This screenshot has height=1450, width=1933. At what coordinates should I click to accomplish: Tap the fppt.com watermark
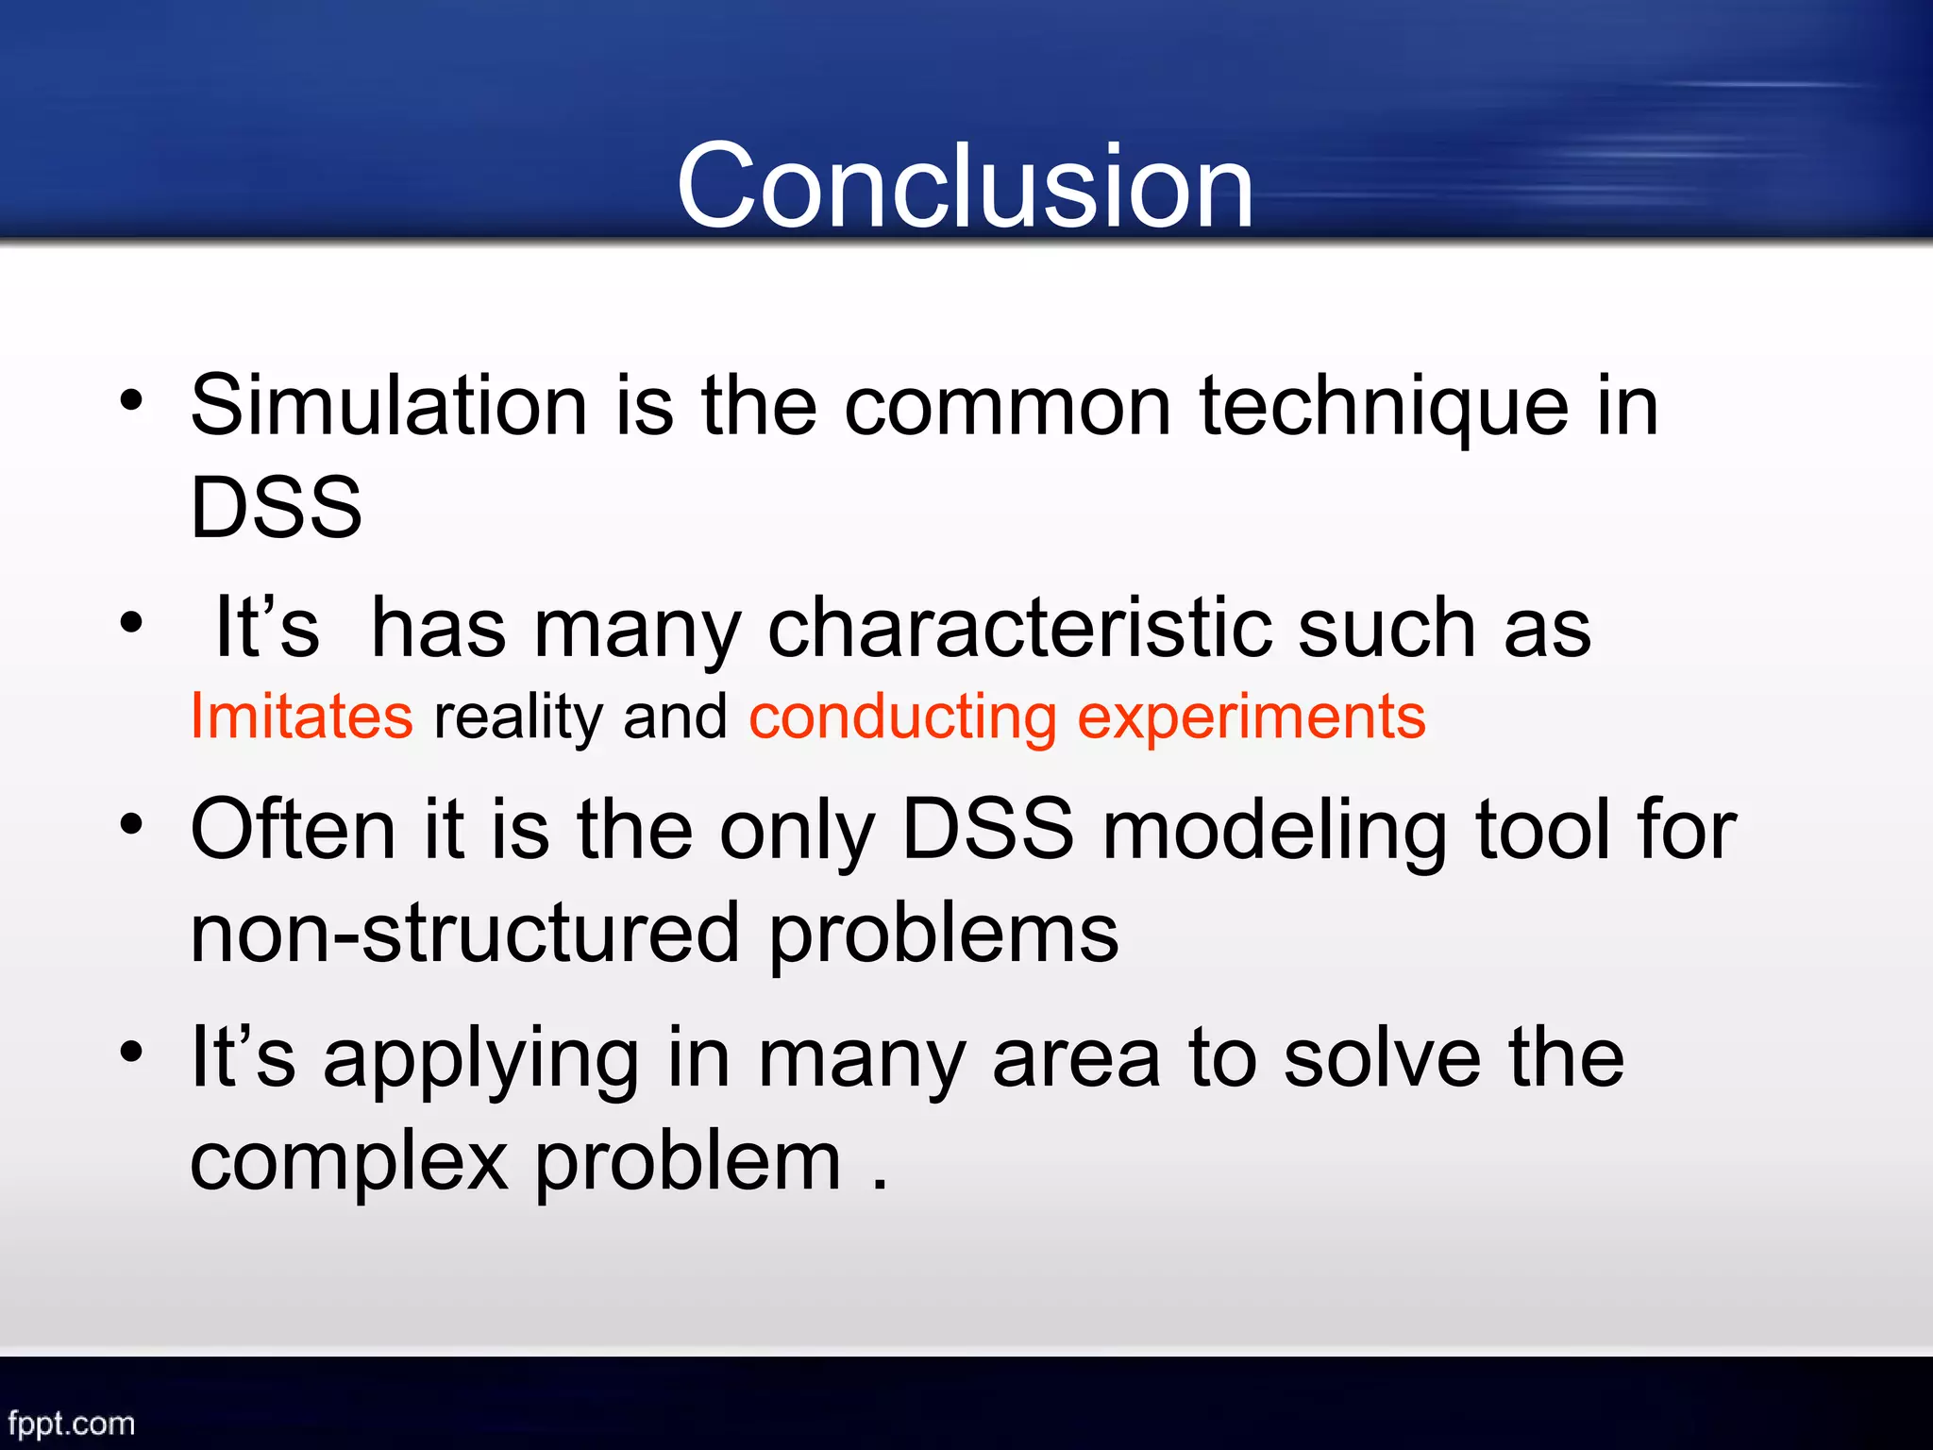[x=72, y=1423]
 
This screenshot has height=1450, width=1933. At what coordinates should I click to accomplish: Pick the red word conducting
[x=902, y=717]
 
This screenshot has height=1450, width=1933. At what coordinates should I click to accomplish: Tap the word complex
[x=349, y=1163]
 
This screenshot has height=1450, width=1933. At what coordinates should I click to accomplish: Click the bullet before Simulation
[x=131, y=401]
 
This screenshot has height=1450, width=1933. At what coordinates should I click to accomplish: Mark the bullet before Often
[x=131, y=824]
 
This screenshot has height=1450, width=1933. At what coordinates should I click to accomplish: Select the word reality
[x=517, y=717]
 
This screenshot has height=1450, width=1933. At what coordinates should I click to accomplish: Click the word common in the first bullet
[x=1007, y=408]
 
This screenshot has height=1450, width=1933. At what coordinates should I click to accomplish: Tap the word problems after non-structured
[x=943, y=935]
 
